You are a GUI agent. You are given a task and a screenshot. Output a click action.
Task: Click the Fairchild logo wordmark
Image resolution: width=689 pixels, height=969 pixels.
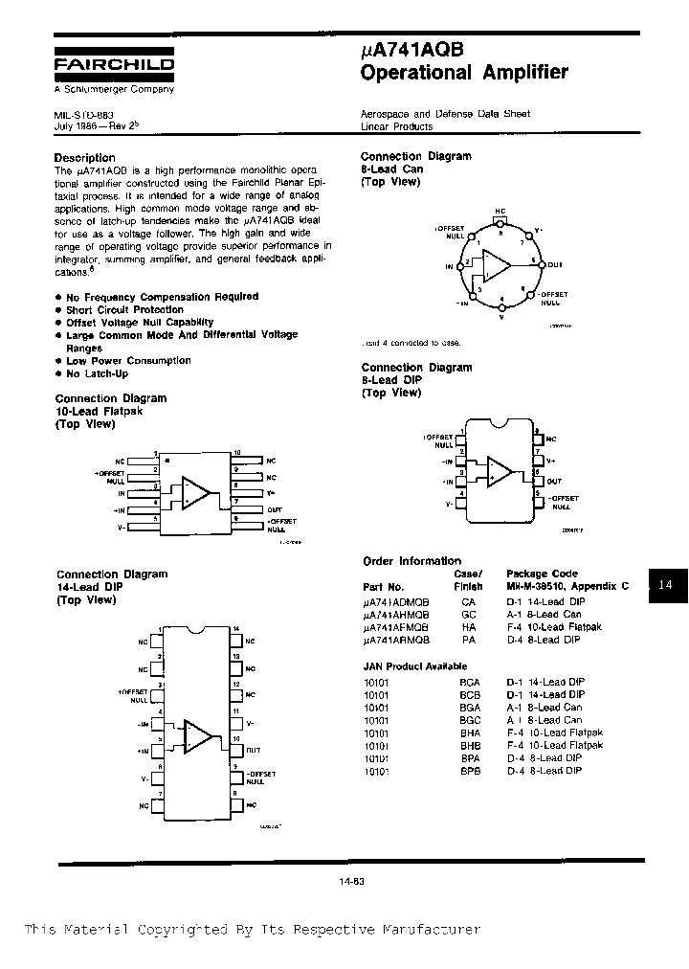114,65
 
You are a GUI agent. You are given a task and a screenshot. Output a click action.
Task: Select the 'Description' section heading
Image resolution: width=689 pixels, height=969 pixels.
84,157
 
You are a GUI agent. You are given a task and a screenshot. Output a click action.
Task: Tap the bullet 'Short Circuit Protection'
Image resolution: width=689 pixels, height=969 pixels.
124,309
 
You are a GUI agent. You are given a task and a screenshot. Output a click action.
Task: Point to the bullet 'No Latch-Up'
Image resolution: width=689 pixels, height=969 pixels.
97,373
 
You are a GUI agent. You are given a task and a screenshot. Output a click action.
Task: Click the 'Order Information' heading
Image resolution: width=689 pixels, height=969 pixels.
411,561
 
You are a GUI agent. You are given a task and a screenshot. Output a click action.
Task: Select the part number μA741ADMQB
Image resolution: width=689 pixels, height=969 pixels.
396,601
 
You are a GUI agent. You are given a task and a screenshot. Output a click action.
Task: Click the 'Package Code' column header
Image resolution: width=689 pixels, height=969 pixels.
541,574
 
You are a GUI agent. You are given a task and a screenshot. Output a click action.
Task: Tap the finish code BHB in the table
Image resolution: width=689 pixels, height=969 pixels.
468,745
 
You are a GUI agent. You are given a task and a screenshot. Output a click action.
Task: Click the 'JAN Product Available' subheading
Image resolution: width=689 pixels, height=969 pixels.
415,665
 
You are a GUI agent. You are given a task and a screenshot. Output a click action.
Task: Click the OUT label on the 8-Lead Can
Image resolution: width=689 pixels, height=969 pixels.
556,265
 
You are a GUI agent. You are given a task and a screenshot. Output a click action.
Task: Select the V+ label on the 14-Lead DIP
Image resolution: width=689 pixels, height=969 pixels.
250,724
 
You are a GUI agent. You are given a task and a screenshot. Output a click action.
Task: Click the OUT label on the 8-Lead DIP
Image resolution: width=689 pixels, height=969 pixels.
555,482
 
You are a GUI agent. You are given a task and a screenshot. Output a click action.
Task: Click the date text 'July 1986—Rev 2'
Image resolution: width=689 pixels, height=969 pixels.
97,125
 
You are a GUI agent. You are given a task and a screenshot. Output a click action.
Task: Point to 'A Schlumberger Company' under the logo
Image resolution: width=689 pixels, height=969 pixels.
114,89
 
